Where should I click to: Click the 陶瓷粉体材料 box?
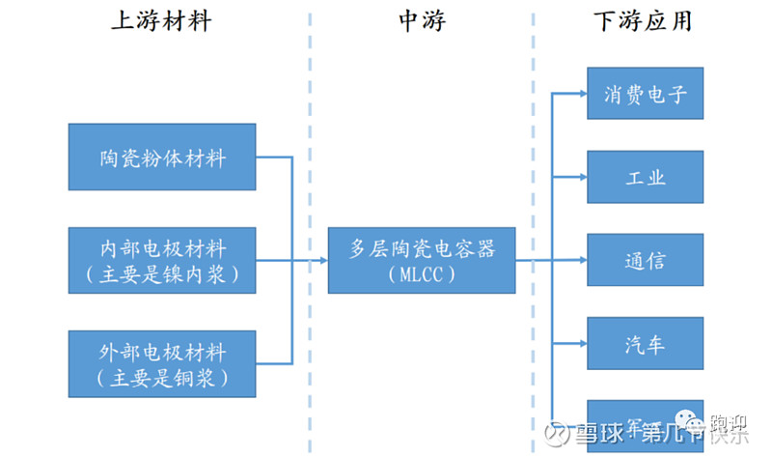(x=162, y=157)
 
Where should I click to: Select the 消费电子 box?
(x=645, y=94)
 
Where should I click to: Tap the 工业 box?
(x=645, y=177)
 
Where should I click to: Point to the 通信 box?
(x=645, y=260)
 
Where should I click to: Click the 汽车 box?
(x=645, y=343)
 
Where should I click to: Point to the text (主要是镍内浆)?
(x=162, y=274)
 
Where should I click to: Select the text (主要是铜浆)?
(x=162, y=378)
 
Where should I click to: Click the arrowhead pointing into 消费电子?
(x=581, y=94)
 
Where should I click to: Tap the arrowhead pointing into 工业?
(x=581, y=177)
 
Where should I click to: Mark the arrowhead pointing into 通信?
(x=581, y=260)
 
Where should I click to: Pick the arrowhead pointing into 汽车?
(x=581, y=343)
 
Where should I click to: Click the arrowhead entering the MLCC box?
(x=322, y=260)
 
